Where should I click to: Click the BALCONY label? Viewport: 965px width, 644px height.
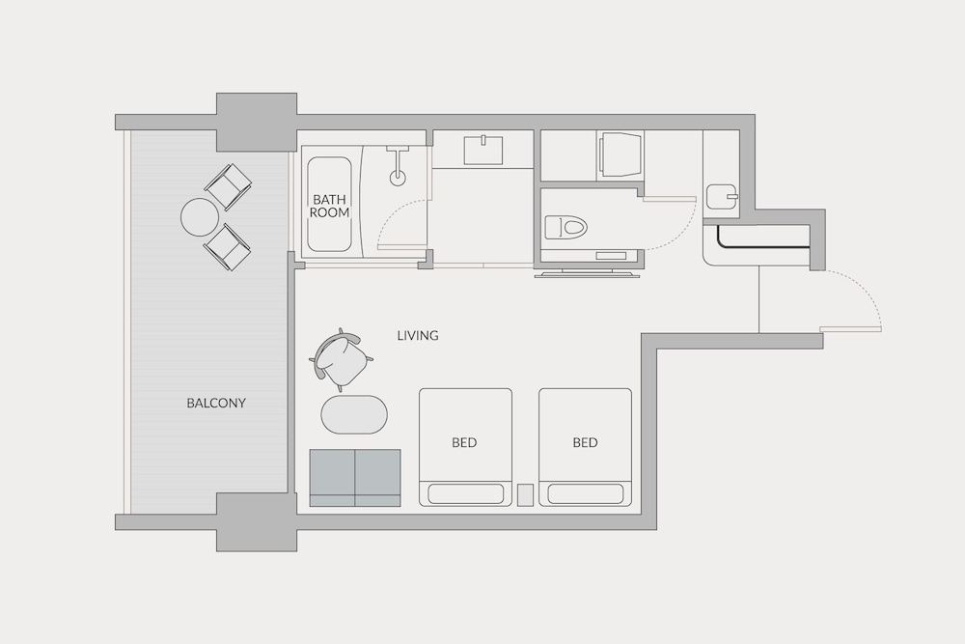coord(216,403)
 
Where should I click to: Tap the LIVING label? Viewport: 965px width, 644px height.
coord(418,336)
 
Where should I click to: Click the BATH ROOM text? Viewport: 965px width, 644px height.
coord(330,206)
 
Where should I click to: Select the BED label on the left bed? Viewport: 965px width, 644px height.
coord(464,443)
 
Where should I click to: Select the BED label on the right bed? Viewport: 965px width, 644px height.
coord(585,443)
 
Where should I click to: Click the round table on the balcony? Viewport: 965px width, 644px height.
coord(200,217)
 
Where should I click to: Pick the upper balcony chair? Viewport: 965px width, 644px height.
coord(229,185)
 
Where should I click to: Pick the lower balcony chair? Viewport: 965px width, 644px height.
coord(228,247)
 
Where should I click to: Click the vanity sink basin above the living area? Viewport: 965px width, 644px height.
coord(482,151)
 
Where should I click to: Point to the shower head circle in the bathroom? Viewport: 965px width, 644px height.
coord(398,178)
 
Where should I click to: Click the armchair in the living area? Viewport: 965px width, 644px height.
coord(344,359)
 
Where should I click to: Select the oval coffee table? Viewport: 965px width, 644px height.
coord(354,414)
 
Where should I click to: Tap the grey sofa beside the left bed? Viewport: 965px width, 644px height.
coord(354,477)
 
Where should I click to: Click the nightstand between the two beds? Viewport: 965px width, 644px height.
coord(525,494)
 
